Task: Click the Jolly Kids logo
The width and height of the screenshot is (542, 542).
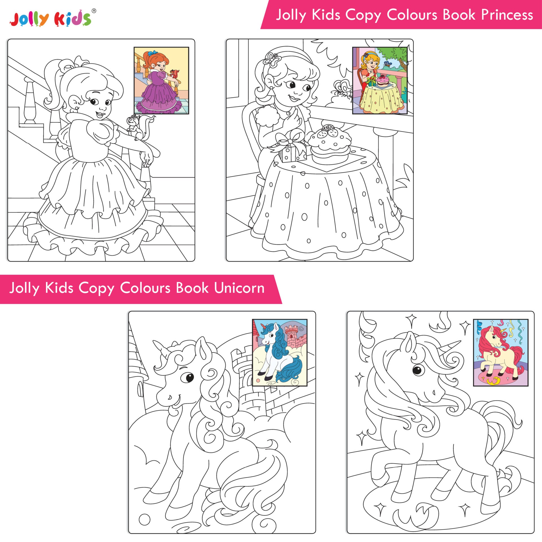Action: click(x=51, y=18)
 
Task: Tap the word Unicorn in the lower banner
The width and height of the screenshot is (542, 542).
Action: click(x=239, y=288)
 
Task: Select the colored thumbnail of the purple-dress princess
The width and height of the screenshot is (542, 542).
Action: click(x=161, y=80)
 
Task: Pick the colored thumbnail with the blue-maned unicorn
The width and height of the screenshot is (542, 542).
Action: click(x=279, y=353)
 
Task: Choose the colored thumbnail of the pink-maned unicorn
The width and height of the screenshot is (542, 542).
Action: click(x=501, y=353)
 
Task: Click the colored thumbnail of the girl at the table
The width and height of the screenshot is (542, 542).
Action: click(x=380, y=80)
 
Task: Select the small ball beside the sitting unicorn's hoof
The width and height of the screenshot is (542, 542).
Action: click(x=145, y=519)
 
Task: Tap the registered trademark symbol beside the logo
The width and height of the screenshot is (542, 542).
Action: click(x=94, y=11)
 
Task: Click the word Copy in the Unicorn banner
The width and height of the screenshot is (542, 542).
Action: click(x=96, y=289)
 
